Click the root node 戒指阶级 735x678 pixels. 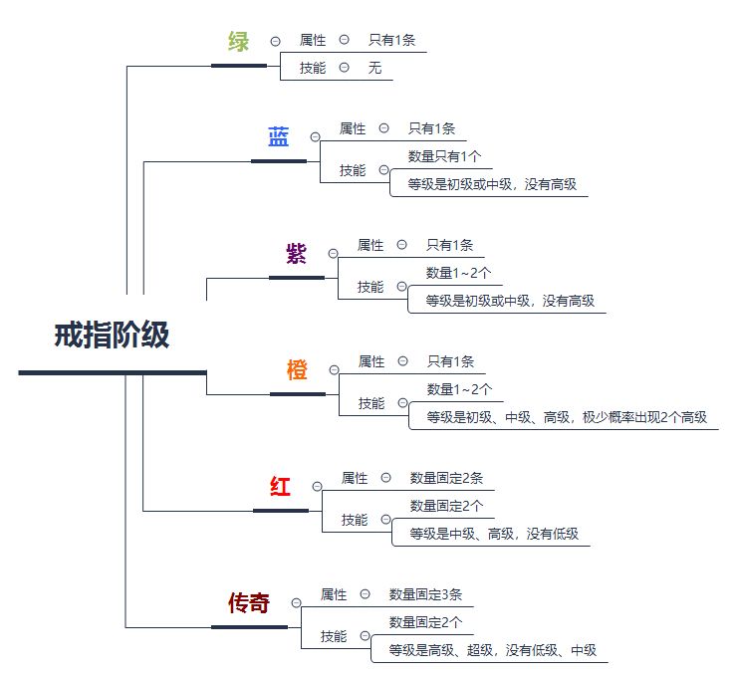pyautogui.click(x=112, y=337)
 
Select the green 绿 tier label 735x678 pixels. pyautogui.click(x=238, y=42)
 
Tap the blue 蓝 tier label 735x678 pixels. pyautogui.click(x=278, y=138)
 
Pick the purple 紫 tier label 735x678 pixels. pyautogui.click(x=296, y=254)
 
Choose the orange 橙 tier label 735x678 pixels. pyautogui.click(x=297, y=370)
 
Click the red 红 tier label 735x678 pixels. pyautogui.click(x=280, y=487)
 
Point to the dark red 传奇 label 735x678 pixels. pyautogui.click(x=248, y=603)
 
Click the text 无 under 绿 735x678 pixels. pyautogui.click(x=374, y=68)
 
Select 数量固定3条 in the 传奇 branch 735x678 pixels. pyautogui.click(x=425, y=594)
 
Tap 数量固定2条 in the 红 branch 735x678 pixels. pyautogui.click(x=446, y=478)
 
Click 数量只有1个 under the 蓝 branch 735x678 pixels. pyautogui.click(x=444, y=156)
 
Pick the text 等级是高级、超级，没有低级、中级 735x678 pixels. pyautogui.click(x=492, y=651)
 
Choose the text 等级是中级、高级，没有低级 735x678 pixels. pyautogui.click(x=493, y=535)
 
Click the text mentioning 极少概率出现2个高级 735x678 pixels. pyautogui.click(x=567, y=417)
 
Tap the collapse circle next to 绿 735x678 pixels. pyautogui.click(x=274, y=41)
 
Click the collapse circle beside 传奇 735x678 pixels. pyautogui.click(x=296, y=602)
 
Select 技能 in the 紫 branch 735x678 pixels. pyautogui.click(x=370, y=287)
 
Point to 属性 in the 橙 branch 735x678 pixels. pyautogui.click(x=371, y=361)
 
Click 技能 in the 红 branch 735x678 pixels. pyautogui.click(x=355, y=520)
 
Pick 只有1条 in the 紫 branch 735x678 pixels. pyautogui.click(x=450, y=245)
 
